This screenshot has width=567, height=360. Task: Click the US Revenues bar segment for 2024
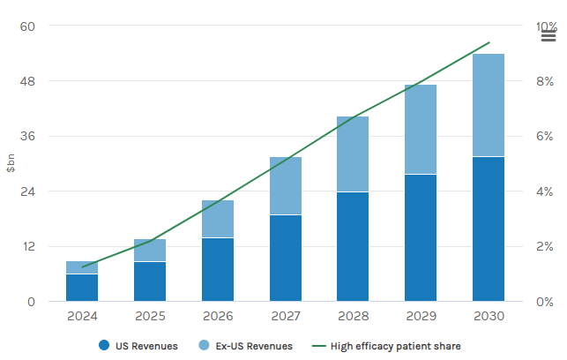tap(82, 288)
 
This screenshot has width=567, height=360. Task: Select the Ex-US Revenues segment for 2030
tap(488, 105)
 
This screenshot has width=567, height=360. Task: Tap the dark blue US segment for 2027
tap(285, 258)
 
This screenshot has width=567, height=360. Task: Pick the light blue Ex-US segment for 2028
tap(353, 154)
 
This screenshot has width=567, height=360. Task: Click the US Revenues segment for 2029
tap(421, 237)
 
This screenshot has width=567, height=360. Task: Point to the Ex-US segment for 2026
tap(218, 219)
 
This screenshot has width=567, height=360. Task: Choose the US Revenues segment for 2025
tap(150, 281)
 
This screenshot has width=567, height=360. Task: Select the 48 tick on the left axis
tap(27, 81)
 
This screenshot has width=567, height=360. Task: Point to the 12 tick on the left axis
tap(27, 246)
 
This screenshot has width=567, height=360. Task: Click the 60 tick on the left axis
tap(27, 26)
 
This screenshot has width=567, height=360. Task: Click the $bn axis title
tap(11, 164)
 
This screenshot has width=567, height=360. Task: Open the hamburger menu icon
tap(548, 34)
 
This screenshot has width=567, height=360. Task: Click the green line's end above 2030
tap(489, 42)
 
